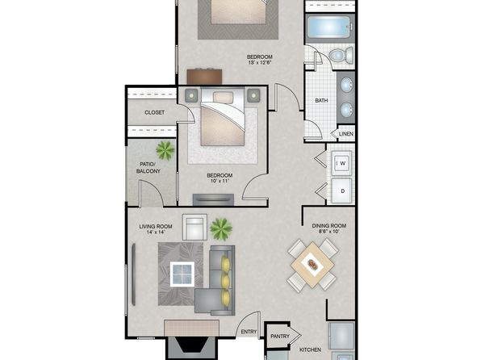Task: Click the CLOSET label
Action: point(154,113)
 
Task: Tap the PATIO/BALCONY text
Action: point(148,168)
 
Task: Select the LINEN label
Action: point(346,134)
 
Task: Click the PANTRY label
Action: point(280,337)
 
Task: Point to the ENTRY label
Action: point(249,332)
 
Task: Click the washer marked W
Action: point(341,163)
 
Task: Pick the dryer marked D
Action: point(341,190)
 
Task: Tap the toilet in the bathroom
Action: point(341,56)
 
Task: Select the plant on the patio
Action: point(165,151)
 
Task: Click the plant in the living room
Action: point(221,228)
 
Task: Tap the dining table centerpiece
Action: point(313,264)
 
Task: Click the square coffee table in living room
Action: point(182,274)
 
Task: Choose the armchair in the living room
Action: point(194,227)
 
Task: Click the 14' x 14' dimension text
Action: point(156,232)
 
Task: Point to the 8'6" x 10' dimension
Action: point(329,232)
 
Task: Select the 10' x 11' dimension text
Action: point(220,181)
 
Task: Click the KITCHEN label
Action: point(310,350)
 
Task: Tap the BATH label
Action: point(321,100)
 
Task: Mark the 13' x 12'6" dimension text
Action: point(260,63)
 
